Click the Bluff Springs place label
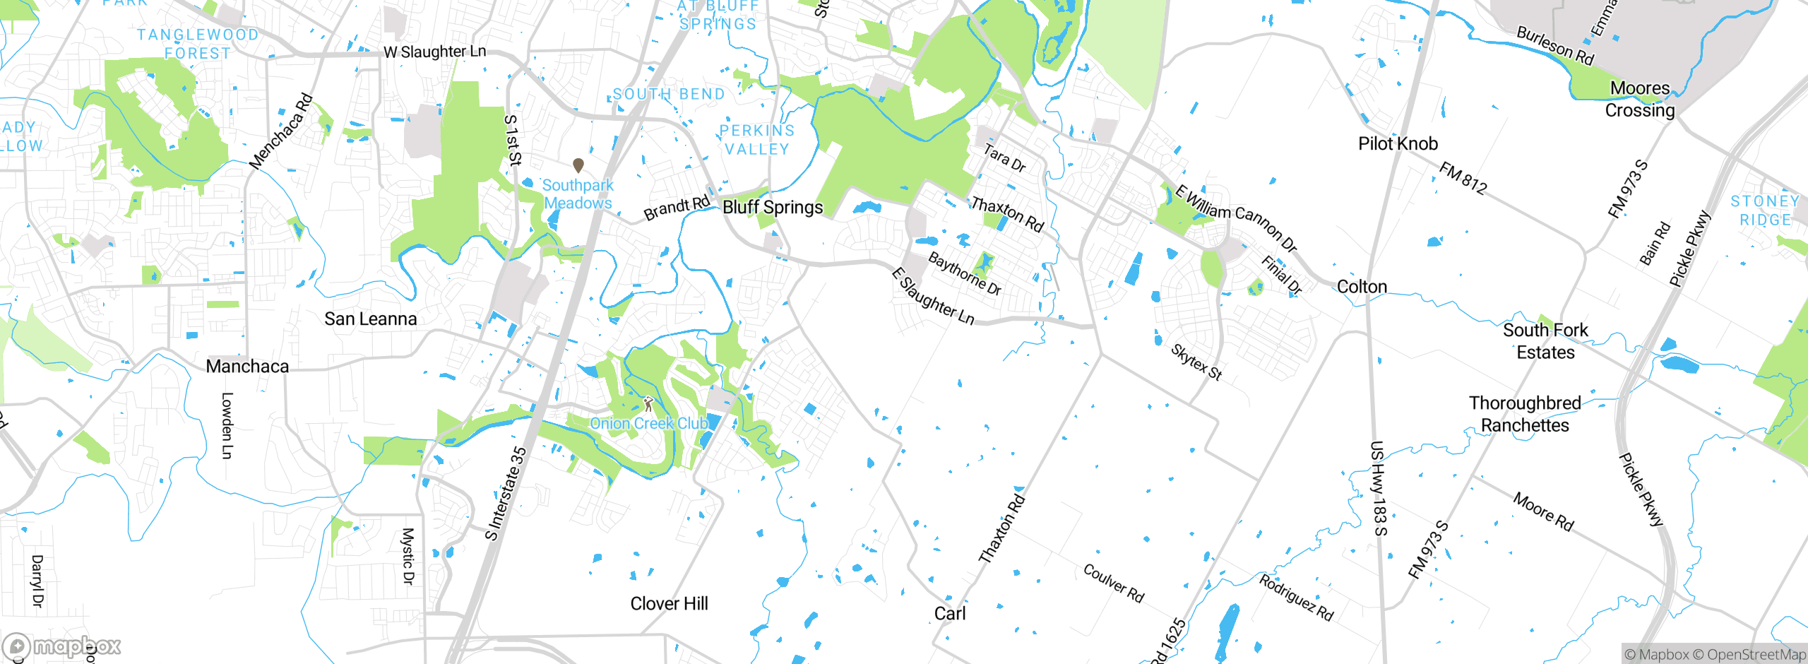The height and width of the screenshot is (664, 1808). tap(773, 207)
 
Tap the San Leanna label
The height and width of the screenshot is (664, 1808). tap(370, 319)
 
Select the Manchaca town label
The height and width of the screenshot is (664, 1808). tap(247, 366)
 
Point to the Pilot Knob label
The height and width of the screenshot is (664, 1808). tap(1398, 143)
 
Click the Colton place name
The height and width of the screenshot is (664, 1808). tap(1362, 287)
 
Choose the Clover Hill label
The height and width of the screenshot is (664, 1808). tap(669, 603)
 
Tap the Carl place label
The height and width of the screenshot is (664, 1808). tap(949, 613)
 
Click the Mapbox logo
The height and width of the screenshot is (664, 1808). tap(62, 646)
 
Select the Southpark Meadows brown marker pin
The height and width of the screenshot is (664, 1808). tap(578, 165)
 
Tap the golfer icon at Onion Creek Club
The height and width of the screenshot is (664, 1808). tap(648, 404)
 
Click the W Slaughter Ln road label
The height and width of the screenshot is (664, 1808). tap(434, 52)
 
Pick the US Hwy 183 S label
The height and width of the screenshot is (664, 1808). tap(1379, 488)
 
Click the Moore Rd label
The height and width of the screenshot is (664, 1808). tap(1543, 511)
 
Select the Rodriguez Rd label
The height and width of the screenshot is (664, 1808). tap(1296, 598)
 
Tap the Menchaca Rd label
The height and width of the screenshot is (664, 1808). tap(280, 131)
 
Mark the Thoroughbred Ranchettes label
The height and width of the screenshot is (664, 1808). tap(1525, 414)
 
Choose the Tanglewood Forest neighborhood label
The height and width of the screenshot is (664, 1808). tap(197, 44)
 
